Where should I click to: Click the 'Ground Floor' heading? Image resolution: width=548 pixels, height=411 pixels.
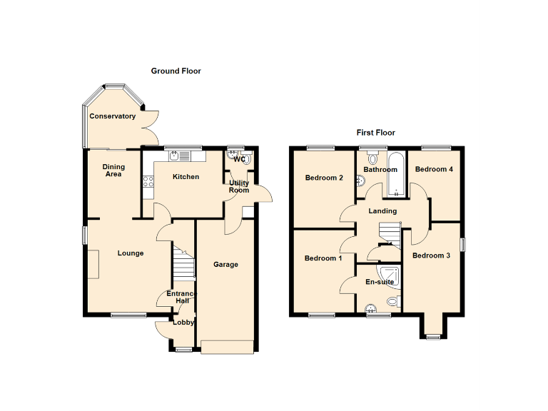point(176,71)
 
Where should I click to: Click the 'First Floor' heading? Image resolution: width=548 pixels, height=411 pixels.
point(375,133)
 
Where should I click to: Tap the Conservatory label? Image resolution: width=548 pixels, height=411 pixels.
point(112,116)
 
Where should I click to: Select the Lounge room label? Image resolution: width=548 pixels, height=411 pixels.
point(131,253)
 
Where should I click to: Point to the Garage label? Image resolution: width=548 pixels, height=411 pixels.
point(225,265)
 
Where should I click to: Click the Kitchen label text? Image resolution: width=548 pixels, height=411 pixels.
point(186,177)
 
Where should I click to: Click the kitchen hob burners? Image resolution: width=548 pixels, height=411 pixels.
point(149,182)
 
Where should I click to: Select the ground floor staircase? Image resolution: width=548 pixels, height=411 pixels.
point(183,263)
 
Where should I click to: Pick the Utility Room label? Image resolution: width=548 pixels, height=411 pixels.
point(239,186)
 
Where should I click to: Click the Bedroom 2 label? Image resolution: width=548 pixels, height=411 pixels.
point(324,178)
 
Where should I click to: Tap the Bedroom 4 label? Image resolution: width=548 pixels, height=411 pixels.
point(434,170)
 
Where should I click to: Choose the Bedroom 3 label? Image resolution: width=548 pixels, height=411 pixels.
point(431,255)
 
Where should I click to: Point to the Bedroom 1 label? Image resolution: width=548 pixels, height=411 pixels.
point(323,258)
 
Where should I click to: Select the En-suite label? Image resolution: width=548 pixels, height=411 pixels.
point(379,283)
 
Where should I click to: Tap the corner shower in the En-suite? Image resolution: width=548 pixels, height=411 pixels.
point(390,273)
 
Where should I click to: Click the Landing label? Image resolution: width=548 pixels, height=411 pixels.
point(382,211)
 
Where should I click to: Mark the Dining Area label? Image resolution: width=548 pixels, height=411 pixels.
point(114,170)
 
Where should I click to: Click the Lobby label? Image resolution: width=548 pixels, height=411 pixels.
point(183,323)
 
